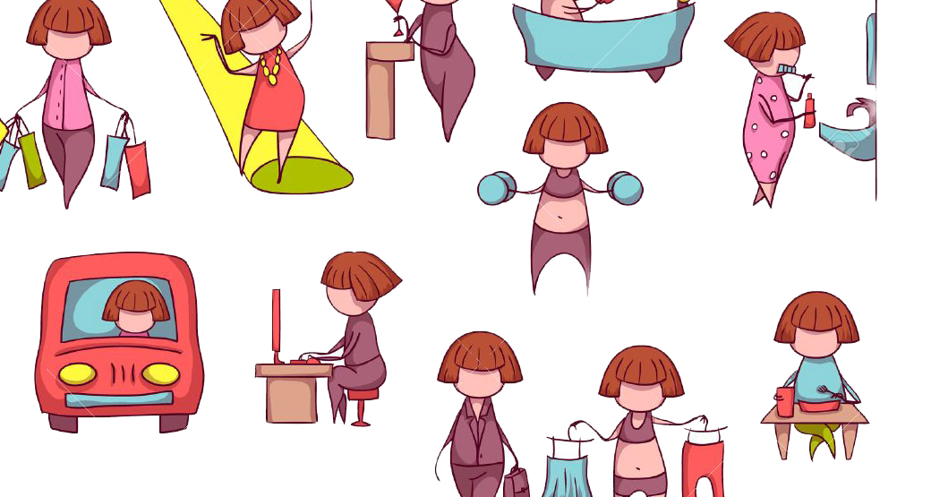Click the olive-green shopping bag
pyautogui.click(x=31, y=159)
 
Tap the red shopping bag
pyautogui.click(x=137, y=169)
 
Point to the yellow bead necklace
pyautogui.click(x=270, y=68)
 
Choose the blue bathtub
pyautogui.click(x=605, y=45)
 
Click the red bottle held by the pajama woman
pyautogui.click(x=809, y=112)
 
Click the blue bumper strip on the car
pyautogui.click(x=119, y=399)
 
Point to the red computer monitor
pyautogui.click(x=277, y=322)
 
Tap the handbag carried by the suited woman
pyautogui.click(x=517, y=482)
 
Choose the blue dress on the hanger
pyautogui.click(x=566, y=470)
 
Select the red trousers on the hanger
pyautogui.click(x=702, y=466)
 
